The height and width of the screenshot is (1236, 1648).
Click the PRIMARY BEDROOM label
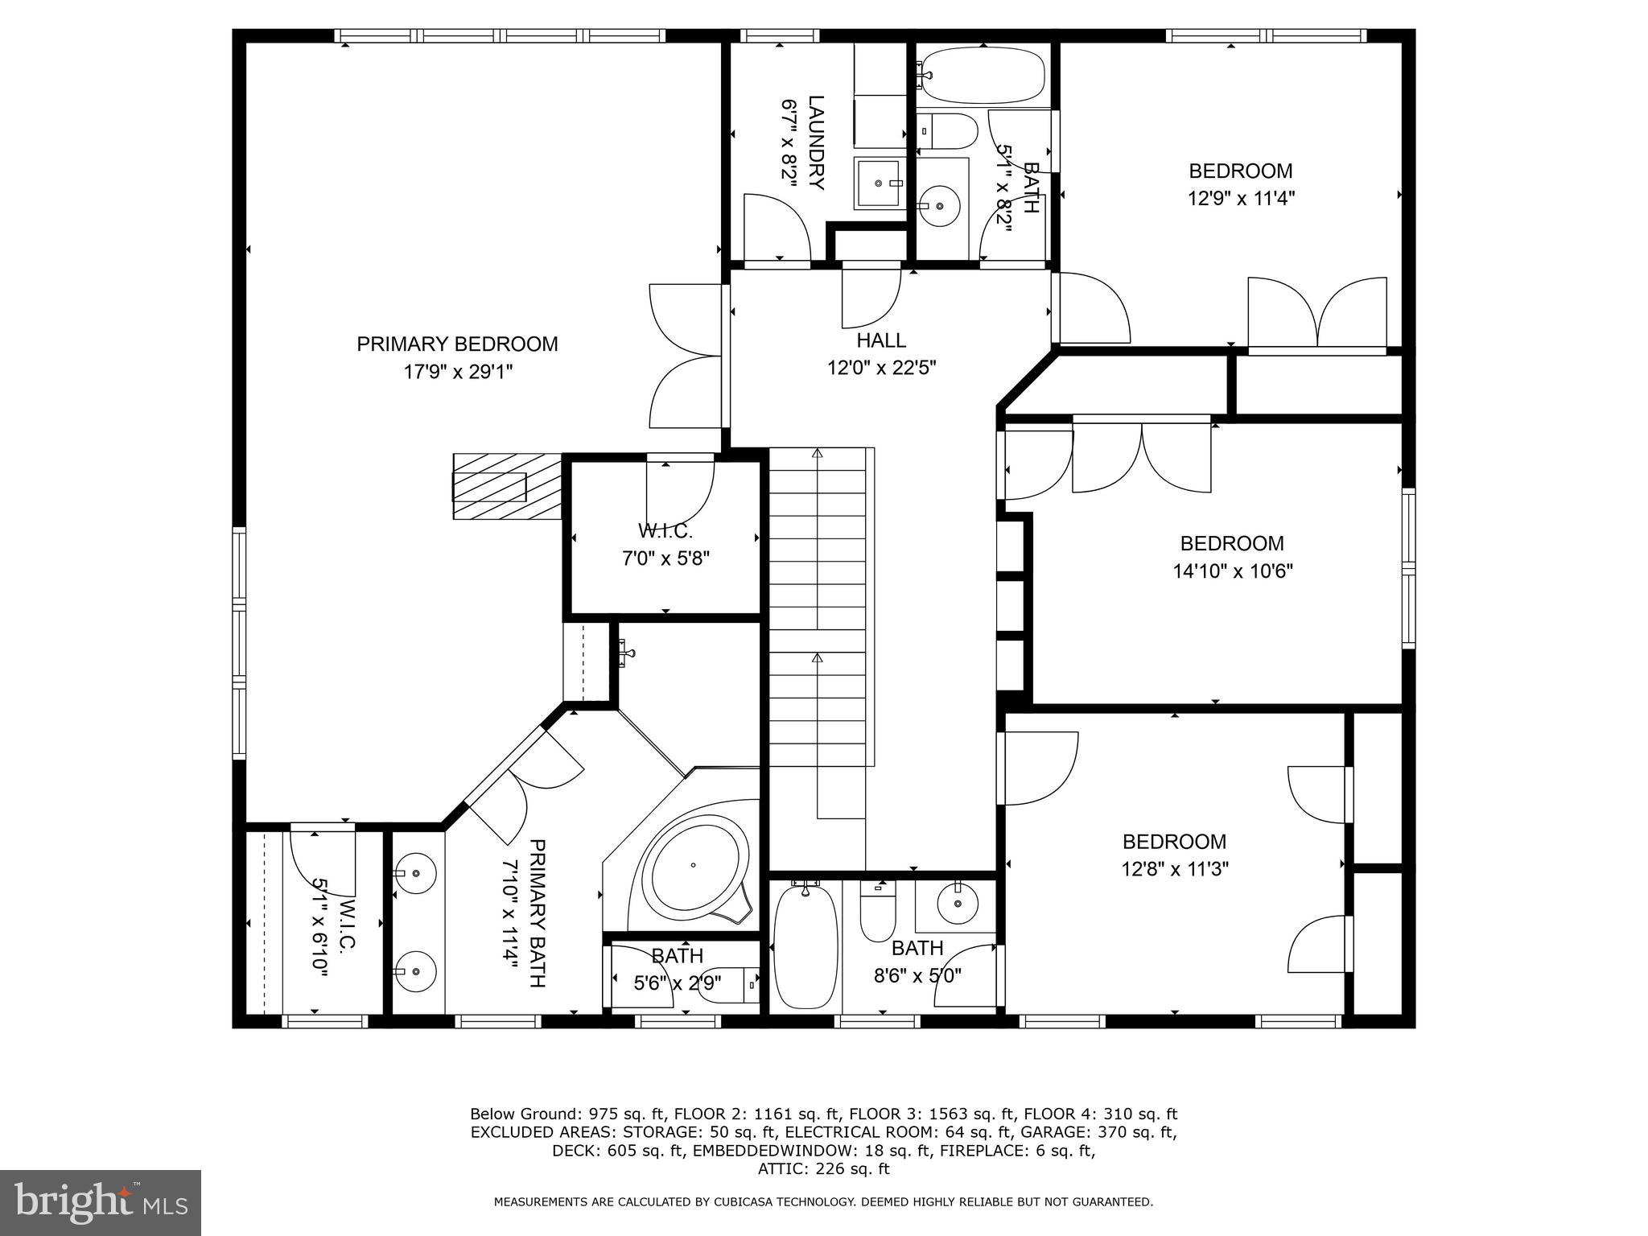(x=457, y=344)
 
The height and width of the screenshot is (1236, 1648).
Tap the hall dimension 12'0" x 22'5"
(x=882, y=369)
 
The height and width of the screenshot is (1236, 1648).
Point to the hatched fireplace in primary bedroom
(x=507, y=488)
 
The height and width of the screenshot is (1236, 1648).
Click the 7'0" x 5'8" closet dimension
(x=665, y=558)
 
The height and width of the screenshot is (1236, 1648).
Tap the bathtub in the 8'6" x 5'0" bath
(x=805, y=946)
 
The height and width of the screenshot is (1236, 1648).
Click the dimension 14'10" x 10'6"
(x=1232, y=571)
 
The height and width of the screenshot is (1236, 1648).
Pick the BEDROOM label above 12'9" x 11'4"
(x=1240, y=171)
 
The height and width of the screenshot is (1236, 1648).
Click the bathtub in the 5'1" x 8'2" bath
(x=983, y=75)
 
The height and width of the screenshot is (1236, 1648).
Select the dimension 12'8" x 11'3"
(x=1175, y=869)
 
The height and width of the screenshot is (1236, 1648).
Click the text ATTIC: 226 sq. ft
(x=823, y=1168)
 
